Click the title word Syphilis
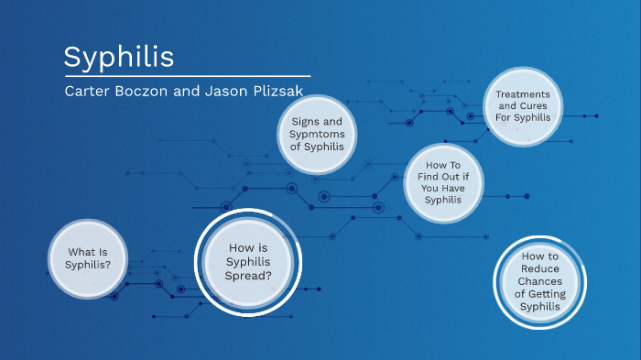pos(118,57)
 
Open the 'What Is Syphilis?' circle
pos(89,258)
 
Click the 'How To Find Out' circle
pos(442,182)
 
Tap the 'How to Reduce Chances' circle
pos(539,281)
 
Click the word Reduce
pos(539,268)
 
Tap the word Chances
pos(539,281)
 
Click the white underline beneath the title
pos(187,75)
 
